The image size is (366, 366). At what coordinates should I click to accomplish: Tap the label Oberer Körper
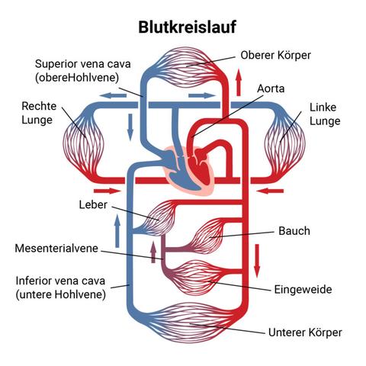tap(275, 56)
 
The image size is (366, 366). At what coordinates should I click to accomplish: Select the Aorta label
tap(271, 89)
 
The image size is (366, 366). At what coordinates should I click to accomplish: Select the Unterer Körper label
tap(305, 332)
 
